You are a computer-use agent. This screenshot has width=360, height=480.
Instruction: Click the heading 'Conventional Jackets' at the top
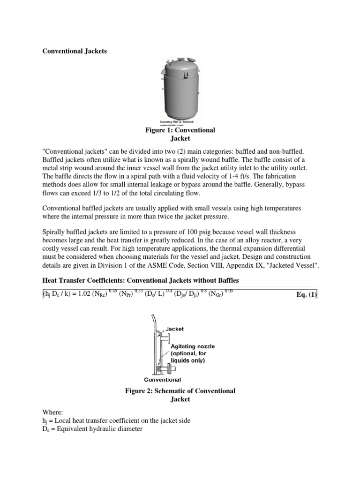(x=75, y=51)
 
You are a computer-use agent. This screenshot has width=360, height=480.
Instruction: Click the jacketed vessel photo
(x=180, y=89)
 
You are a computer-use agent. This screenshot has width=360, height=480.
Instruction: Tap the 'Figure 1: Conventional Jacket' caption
(x=180, y=134)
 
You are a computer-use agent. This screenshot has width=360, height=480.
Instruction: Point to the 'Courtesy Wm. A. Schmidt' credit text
(x=180, y=121)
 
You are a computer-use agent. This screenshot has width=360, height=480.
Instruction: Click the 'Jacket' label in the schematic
(x=174, y=329)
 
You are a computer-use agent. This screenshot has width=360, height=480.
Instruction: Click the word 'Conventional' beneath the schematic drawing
(x=162, y=379)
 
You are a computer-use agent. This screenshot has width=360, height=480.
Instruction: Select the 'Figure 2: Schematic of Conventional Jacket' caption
(x=180, y=395)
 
